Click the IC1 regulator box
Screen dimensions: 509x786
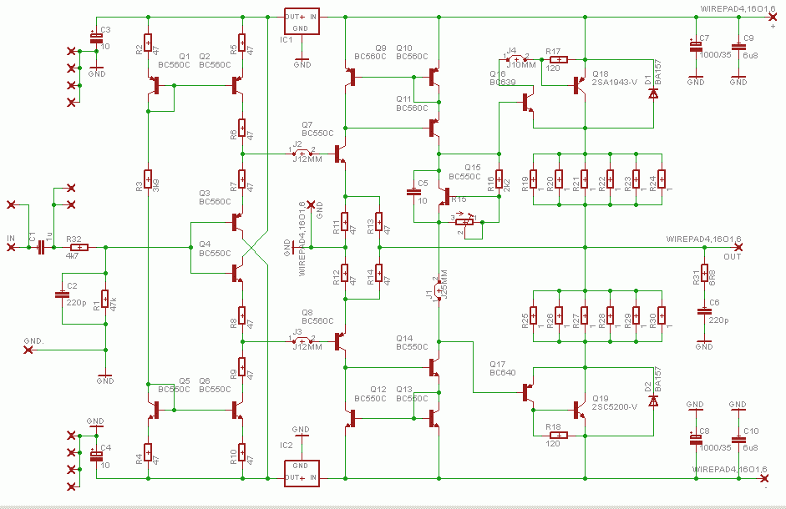tap(301, 23)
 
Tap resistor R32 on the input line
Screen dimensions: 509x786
tap(79, 247)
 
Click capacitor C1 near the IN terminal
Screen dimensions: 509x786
tap(41, 247)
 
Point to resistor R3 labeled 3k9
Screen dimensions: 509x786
tap(148, 179)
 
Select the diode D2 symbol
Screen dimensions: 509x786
tap(653, 401)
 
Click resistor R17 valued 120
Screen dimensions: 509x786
tap(558, 60)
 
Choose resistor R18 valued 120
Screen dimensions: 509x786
tap(558, 435)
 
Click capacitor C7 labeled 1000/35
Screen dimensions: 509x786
tap(695, 48)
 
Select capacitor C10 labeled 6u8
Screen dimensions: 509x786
tap(738, 440)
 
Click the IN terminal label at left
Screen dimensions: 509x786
tap(11, 239)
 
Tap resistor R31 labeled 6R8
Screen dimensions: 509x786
tap(704, 274)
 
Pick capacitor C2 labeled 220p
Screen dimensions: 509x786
tap(61, 294)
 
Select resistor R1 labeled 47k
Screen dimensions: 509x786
tap(105, 300)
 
